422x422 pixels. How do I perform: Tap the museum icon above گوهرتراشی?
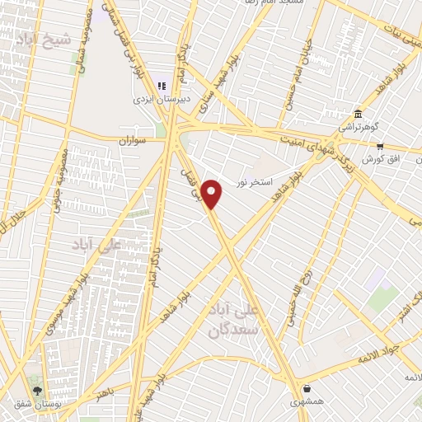359,114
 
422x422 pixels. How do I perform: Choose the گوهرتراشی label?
359,128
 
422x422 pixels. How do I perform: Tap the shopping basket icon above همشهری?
307,388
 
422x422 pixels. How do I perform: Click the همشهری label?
307,402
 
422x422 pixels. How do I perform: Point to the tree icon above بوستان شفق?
36,390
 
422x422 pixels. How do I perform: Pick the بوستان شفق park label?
36,404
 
